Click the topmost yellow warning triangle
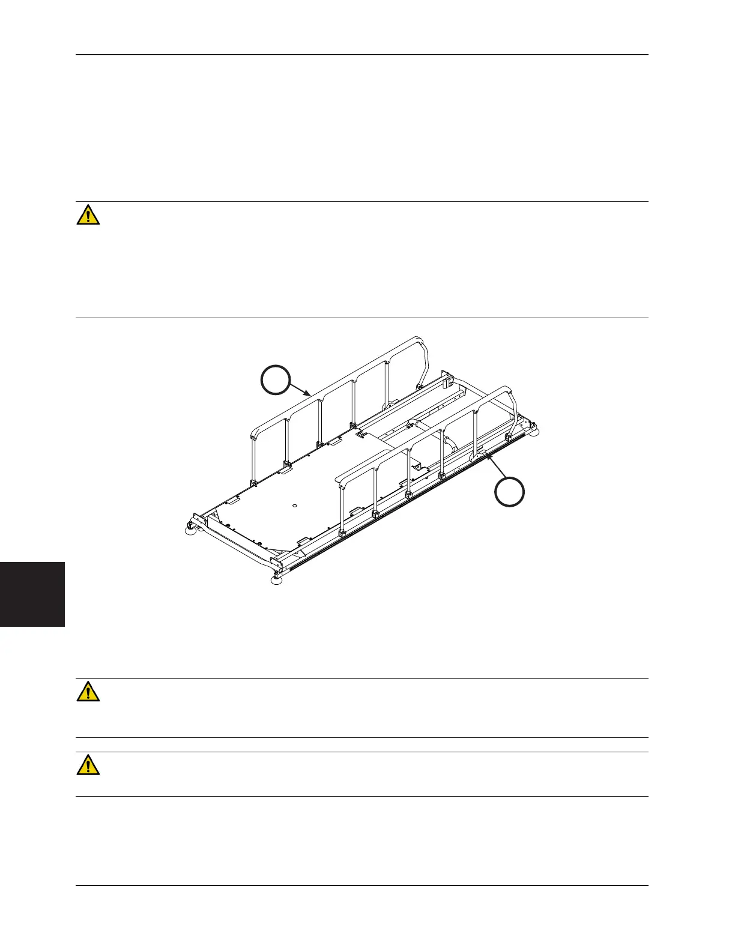tap(88, 215)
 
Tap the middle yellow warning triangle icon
tap(88, 692)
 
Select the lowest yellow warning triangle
tap(88, 765)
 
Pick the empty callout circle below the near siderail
tap(509, 492)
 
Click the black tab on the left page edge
tap(32, 594)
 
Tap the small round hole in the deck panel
tap(295, 506)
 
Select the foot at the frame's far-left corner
tap(191, 528)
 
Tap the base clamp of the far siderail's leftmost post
tap(254, 483)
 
